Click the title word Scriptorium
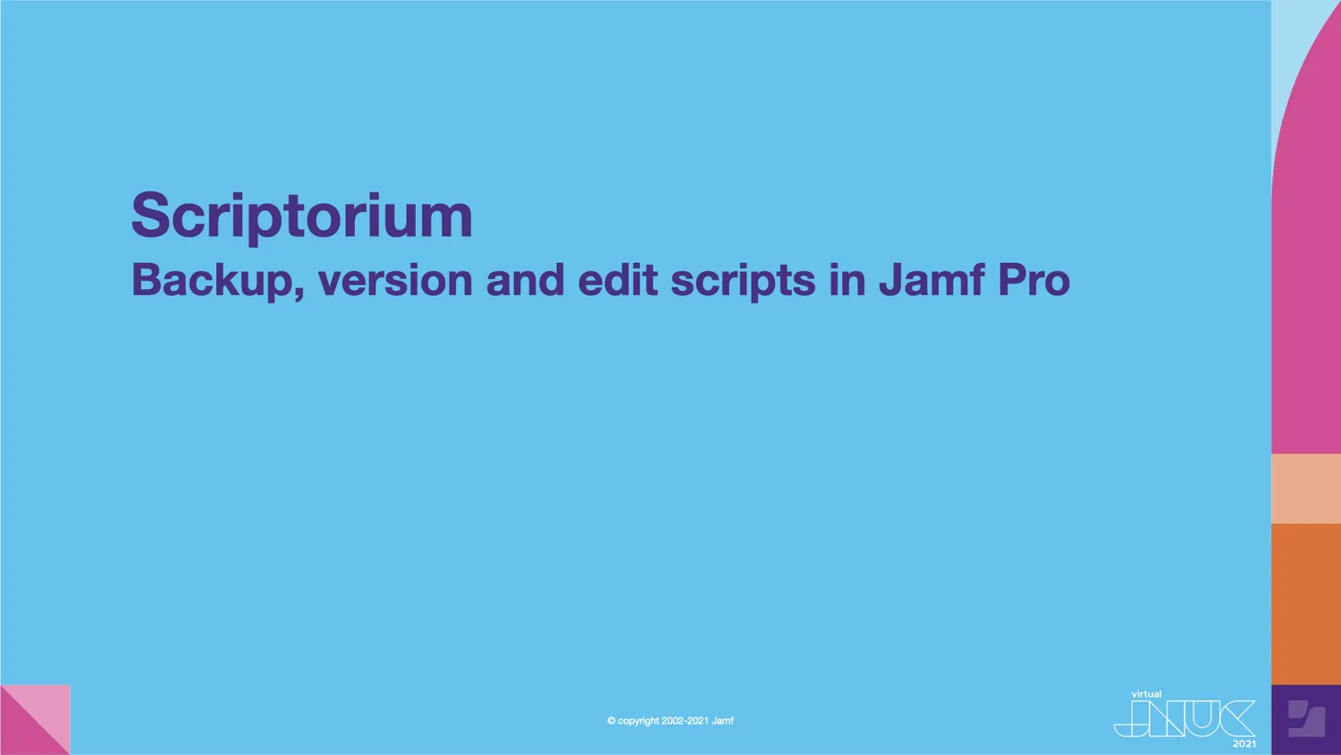click(x=301, y=216)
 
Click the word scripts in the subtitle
click(x=742, y=280)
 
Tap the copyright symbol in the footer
click(x=611, y=721)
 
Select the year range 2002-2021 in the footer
click(x=685, y=721)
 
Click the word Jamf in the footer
click(x=722, y=721)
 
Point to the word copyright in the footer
click(x=638, y=721)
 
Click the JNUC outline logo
click(x=1184, y=718)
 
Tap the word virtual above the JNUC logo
click(x=1146, y=694)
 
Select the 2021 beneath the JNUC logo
click(x=1244, y=744)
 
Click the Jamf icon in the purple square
click(x=1306, y=719)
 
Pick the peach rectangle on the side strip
click(x=1306, y=488)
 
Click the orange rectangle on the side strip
click(x=1306, y=604)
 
